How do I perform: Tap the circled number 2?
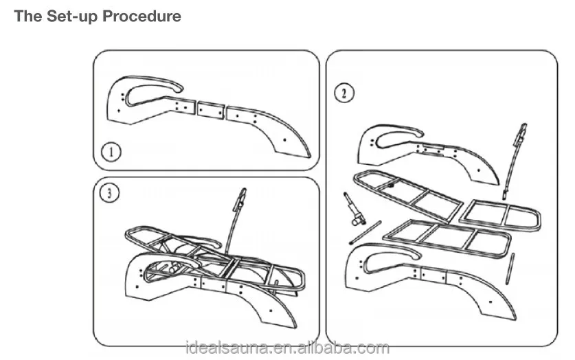(343, 93)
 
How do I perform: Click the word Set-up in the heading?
(72, 16)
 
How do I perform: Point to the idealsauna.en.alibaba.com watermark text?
(287, 348)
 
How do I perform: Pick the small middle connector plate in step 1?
(210, 109)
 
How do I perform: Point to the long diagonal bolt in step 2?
(366, 232)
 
